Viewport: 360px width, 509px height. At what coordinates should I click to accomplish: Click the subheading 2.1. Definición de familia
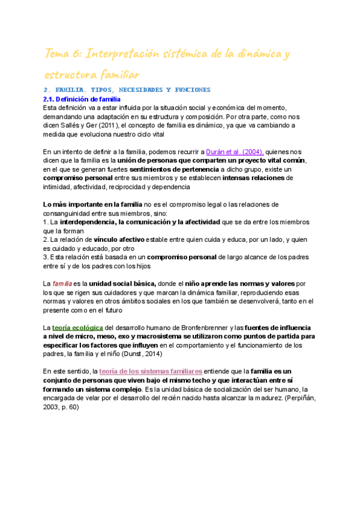[x=82, y=99]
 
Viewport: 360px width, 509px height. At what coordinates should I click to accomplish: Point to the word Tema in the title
[x=59, y=55]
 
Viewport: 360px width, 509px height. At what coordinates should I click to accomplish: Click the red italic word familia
[x=62, y=283]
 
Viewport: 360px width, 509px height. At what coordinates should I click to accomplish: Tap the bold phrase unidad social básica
[x=123, y=283]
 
